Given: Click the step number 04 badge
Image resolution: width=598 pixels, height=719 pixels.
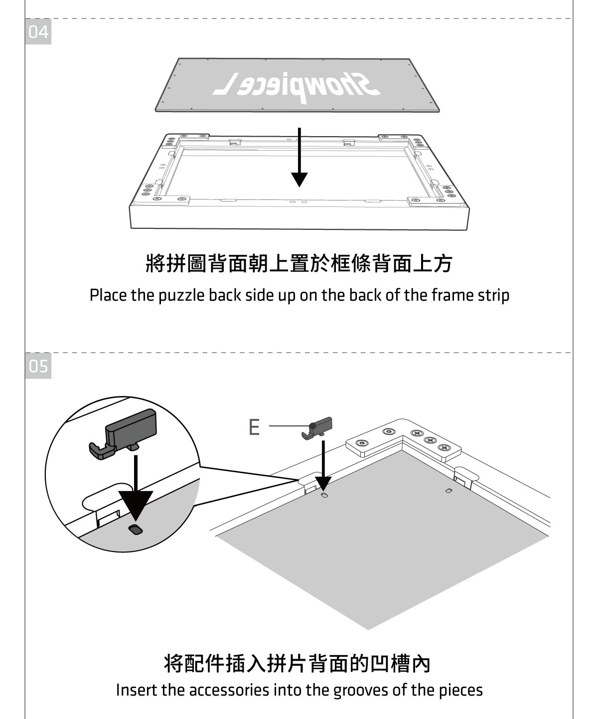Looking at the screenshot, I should (38, 32).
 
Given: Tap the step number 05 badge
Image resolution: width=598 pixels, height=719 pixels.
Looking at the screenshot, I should (38, 367).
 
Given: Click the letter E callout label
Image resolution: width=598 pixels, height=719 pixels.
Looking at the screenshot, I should (254, 427).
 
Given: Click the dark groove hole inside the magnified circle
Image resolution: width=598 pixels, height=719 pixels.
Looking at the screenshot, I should (135, 530).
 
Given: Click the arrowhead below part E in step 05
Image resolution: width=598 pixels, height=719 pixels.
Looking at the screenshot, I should (323, 483).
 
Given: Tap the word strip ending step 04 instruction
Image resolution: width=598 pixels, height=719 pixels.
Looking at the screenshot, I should (495, 296).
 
